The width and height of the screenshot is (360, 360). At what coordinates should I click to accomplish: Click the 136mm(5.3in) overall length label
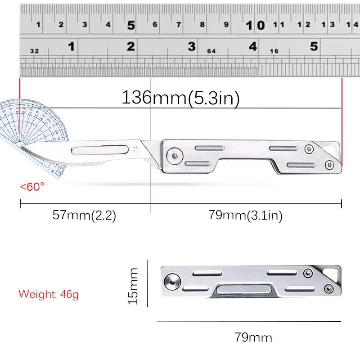click(180, 98)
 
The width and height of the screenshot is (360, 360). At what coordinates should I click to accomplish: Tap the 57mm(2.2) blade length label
click(84, 215)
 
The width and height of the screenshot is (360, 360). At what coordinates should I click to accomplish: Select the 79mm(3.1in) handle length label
click(245, 216)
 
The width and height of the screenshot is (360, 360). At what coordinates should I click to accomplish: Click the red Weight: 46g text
click(49, 294)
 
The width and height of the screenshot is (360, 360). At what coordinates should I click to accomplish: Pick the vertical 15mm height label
click(133, 286)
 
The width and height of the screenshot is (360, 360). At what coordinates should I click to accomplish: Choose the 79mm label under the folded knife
click(253, 337)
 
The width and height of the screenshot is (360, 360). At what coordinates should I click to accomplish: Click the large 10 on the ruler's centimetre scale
click(255, 25)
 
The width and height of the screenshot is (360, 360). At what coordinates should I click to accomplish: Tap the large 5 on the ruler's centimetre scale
click(131, 25)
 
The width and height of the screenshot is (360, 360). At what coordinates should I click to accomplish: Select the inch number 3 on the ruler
click(192, 46)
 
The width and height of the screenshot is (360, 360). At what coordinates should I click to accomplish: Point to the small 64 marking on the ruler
click(211, 51)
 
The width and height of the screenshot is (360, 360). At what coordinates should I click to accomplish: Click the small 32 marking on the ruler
click(34, 51)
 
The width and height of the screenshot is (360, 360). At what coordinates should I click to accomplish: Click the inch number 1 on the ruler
click(71, 46)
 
